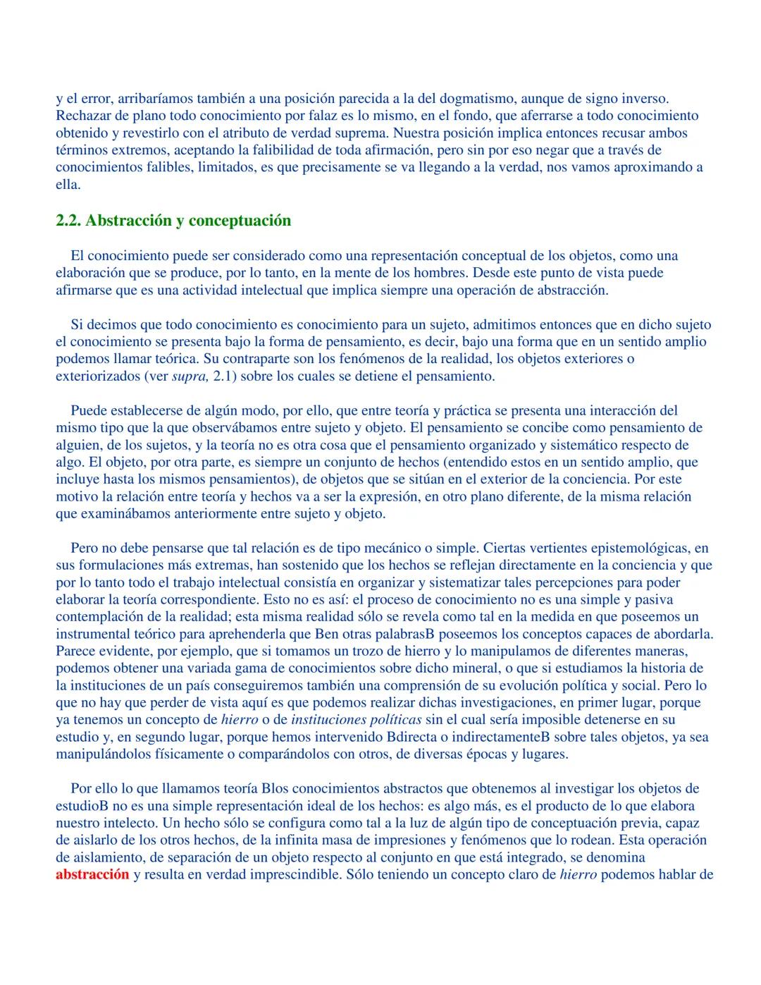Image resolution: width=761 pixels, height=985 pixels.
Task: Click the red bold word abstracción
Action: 92,874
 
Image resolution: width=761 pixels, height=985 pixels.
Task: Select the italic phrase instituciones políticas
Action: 356,720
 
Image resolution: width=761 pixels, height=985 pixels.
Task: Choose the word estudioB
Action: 80,806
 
